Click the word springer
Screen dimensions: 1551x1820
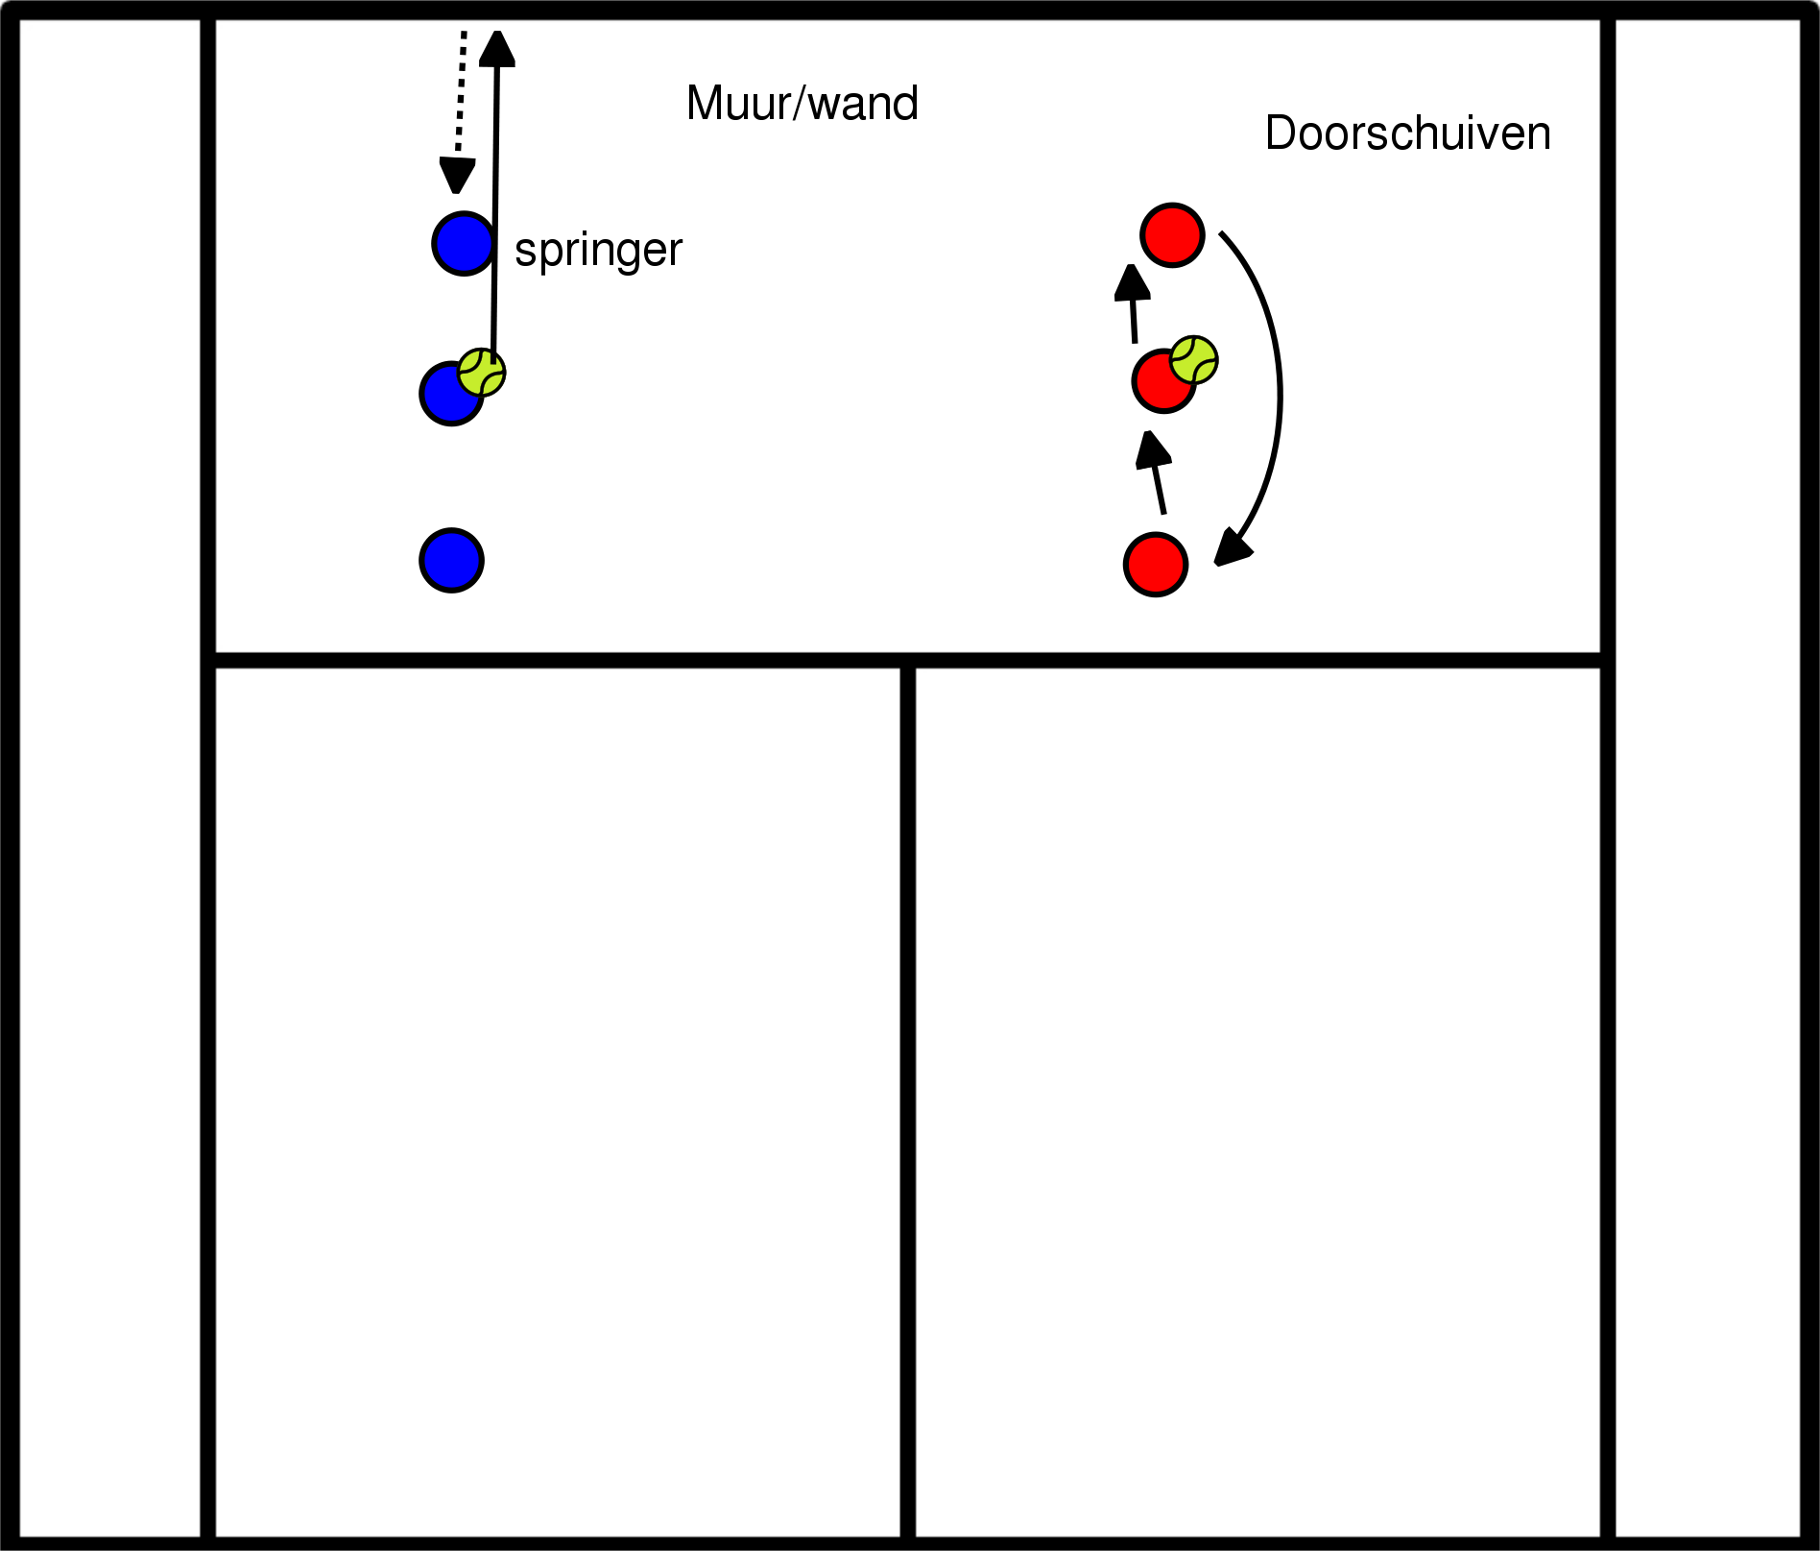click(598, 251)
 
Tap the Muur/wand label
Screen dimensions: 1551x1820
click(802, 104)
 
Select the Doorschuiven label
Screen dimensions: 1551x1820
click(1407, 133)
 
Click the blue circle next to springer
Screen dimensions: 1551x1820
click(463, 243)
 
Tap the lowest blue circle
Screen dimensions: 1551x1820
click(451, 560)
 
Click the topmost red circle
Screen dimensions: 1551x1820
click(1172, 234)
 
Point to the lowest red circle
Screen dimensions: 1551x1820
click(1156, 565)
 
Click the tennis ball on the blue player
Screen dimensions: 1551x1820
click(482, 372)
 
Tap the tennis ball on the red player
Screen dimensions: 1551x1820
click(1194, 360)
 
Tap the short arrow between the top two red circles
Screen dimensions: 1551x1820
click(1133, 303)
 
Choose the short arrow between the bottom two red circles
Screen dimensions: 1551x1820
click(1155, 473)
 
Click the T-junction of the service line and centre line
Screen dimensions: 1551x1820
click(908, 661)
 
